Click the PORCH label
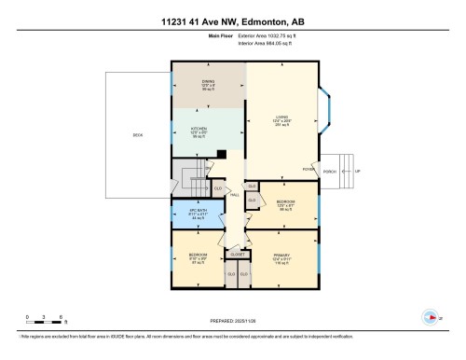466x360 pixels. click(x=330, y=170)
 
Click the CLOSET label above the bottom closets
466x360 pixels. click(x=238, y=252)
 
